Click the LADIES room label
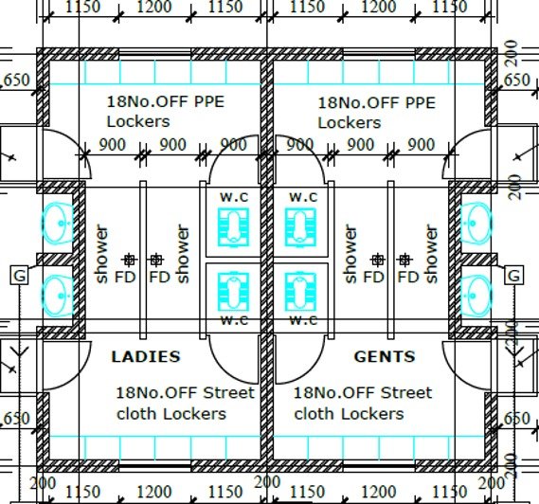tap(146, 356)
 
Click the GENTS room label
tap(385, 356)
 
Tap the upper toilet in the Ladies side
tap(233, 227)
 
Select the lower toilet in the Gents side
tap(300, 292)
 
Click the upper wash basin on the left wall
tap(58, 224)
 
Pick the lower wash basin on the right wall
tap(476, 296)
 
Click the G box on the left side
tap(20, 275)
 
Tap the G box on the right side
tap(514, 275)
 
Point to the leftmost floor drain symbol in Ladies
tap(129, 260)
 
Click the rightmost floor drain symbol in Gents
tap(404, 260)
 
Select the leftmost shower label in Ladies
tap(101, 254)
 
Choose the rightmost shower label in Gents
tap(431, 254)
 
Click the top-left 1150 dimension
tap(82, 7)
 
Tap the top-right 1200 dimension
tap(379, 7)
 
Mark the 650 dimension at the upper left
tap(16, 80)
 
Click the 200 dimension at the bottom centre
tap(267, 482)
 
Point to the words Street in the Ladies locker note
tap(228, 392)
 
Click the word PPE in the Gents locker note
tap(421, 103)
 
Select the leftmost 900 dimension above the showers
tap(112, 145)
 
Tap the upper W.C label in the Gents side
tap(303, 197)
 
